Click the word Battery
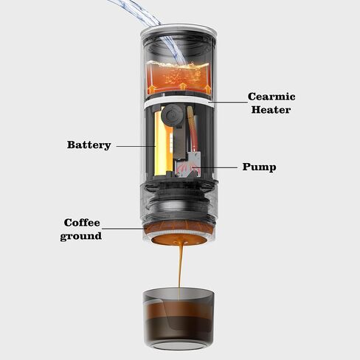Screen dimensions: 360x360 coord(89,145)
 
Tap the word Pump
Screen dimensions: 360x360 coord(259,167)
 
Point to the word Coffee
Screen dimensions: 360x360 coord(82,222)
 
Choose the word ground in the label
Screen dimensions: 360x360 coord(80,235)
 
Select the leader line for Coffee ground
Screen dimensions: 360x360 coord(125,229)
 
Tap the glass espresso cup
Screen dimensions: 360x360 coord(179,317)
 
